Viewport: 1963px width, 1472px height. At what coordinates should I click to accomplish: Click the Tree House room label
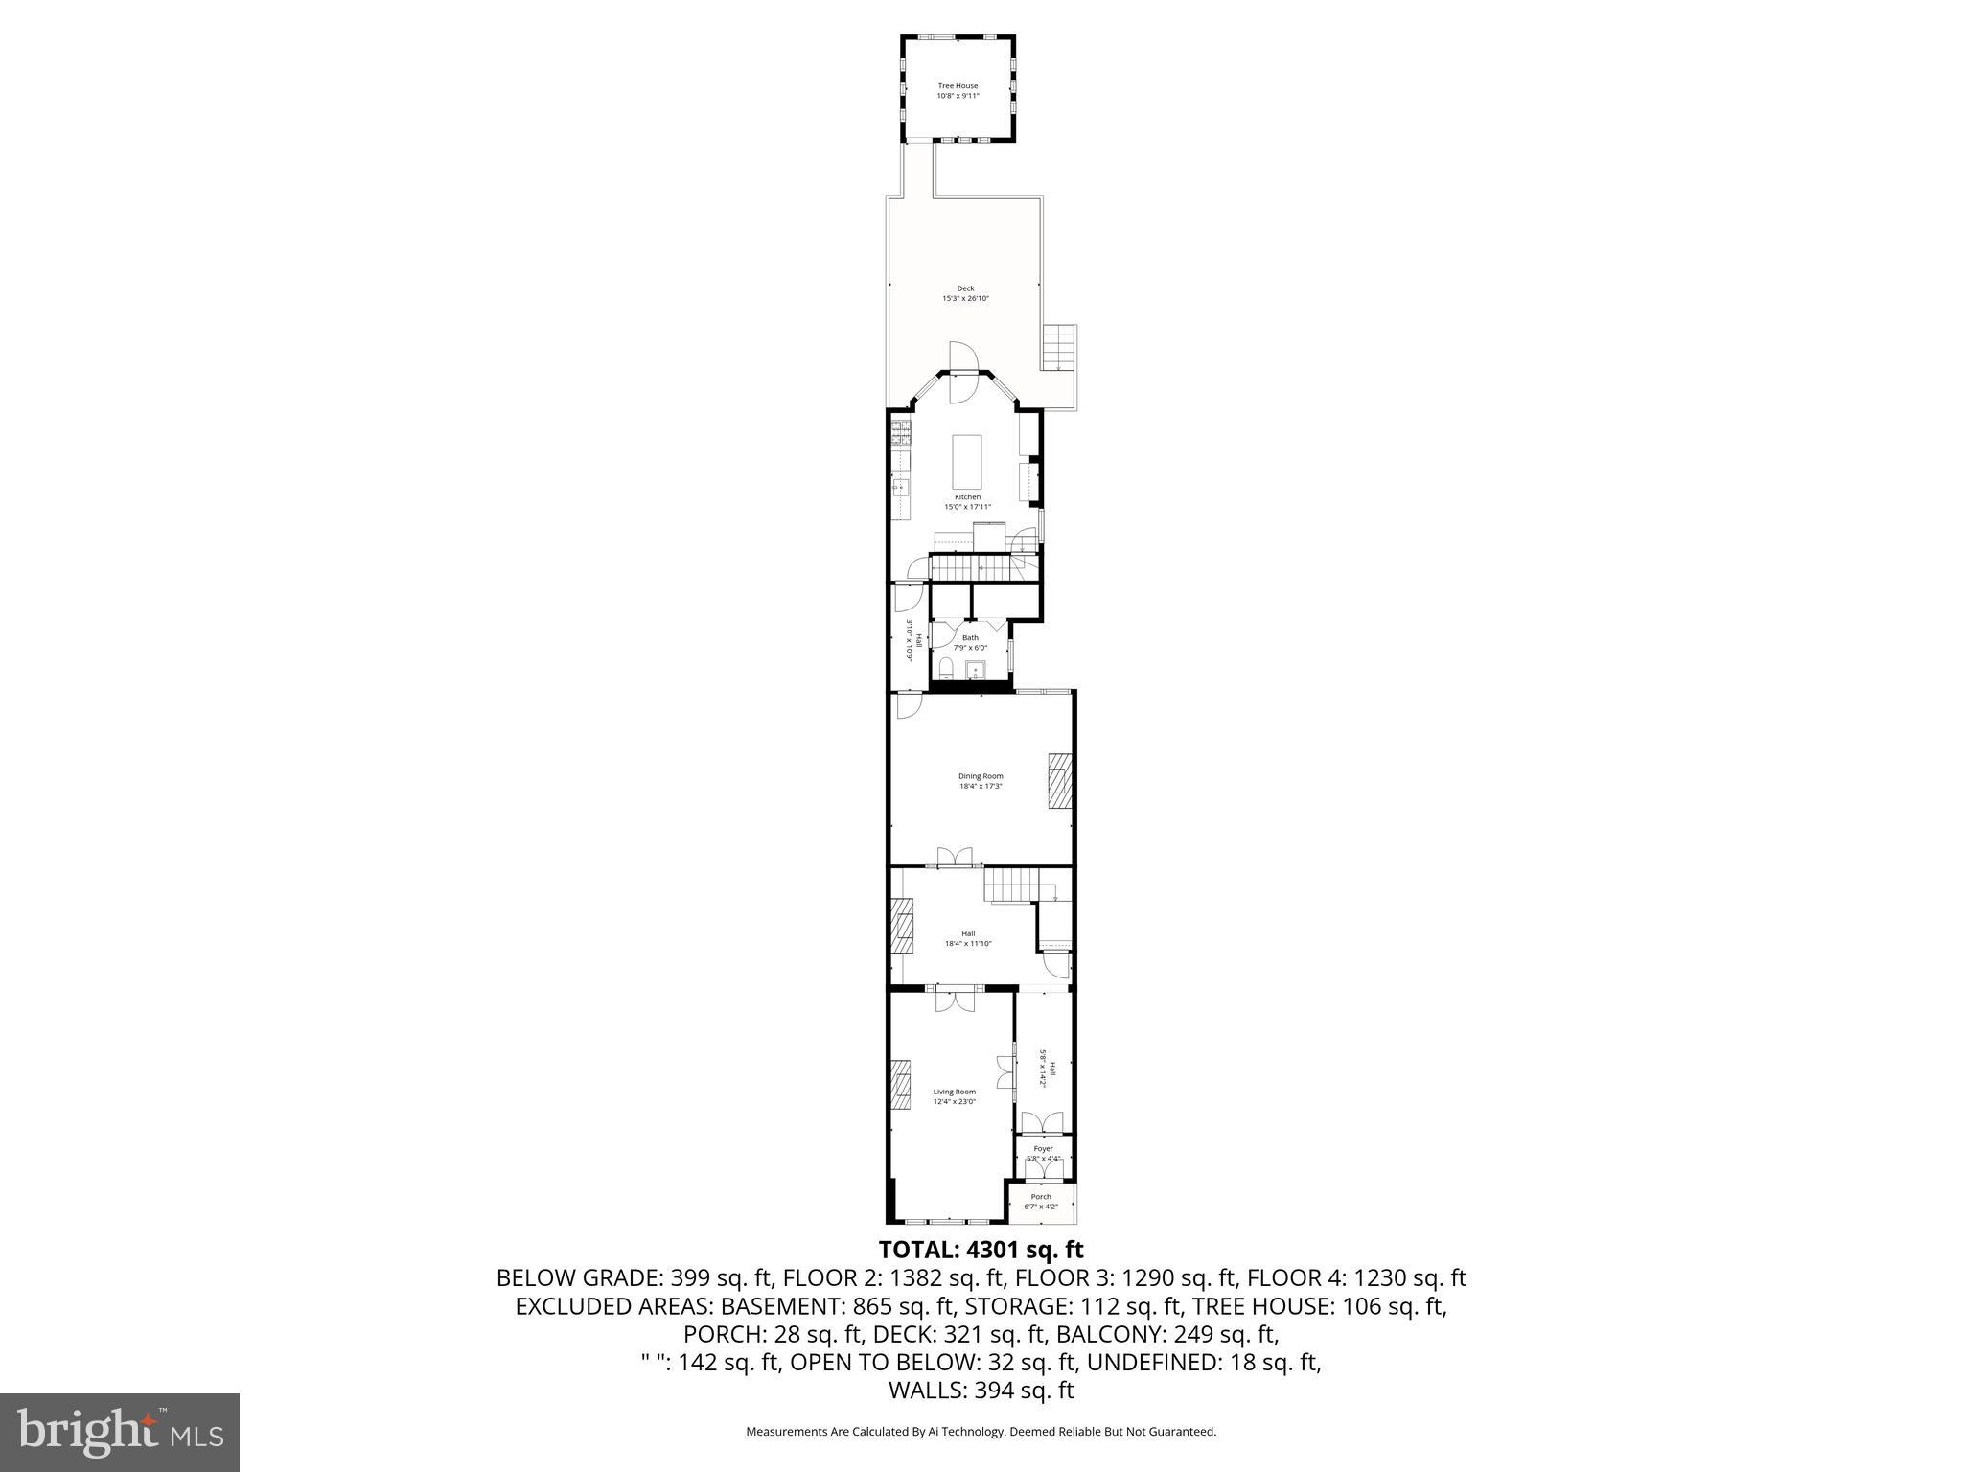(x=958, y=86)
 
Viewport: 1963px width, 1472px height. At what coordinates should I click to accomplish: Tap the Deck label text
(x=965, y=288)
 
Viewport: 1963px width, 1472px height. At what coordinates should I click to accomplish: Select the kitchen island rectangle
(x=967, y=462)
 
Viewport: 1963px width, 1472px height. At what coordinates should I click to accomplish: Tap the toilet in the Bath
(x=945, y=669)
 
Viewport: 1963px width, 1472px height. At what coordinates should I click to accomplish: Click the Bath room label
(x=970, y=637)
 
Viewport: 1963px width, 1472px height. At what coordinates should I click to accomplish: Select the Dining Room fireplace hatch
(x=1059, y=781)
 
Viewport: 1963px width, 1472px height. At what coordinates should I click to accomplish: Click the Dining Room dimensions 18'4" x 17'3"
(x=981, y=786)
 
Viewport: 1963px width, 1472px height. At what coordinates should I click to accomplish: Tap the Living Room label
(x=955, y=1092)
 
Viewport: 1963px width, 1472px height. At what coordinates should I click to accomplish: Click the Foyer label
(x=1043, y=1149)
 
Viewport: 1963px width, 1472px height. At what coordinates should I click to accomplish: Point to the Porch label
(x=1041, y=1197)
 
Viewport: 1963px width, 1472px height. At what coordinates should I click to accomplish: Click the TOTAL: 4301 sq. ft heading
(x=981, y=1250)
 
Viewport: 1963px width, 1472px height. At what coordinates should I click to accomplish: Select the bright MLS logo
(x=120, y=1432)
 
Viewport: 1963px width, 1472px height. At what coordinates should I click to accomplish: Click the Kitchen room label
(x=967, y=497)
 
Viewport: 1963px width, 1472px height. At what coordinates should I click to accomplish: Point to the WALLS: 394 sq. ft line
(x=981, y=1391)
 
